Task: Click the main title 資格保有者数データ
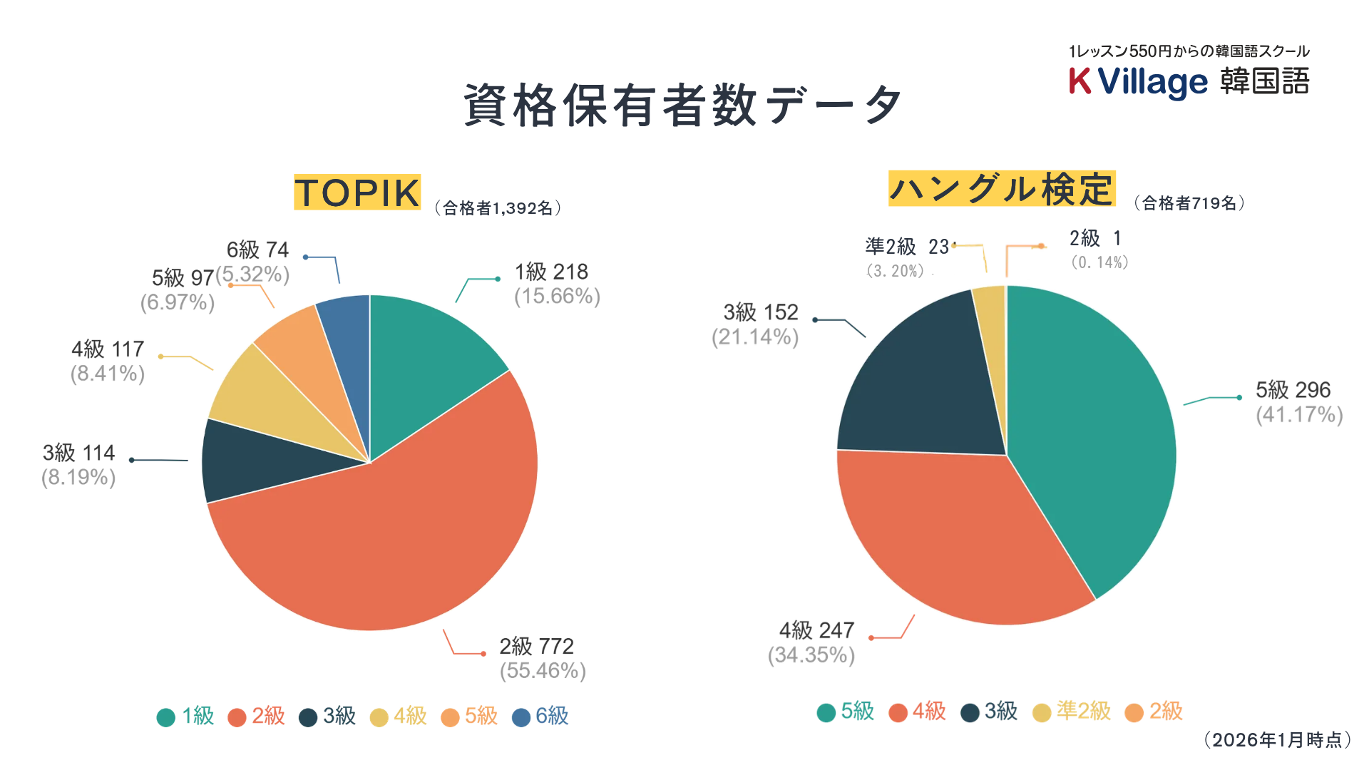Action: (682, 106)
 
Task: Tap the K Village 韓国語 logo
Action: (1189, 81)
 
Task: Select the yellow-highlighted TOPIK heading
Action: (357, 192)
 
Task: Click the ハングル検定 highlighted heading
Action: (1001, 189)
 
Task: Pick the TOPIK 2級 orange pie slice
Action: (399, 542)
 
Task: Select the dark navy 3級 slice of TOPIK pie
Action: (250, 460)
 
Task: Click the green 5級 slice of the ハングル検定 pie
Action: (1091, 428)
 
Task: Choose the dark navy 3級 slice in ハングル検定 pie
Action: (920, 385)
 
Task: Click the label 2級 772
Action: (536, 646)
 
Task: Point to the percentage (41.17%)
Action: (1299, 415)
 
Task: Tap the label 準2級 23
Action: (907, 247)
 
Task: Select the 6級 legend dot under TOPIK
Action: (521, 717)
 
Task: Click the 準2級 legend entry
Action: (1072, 712)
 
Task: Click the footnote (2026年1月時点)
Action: (1277, 740)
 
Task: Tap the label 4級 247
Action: (816, 630)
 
